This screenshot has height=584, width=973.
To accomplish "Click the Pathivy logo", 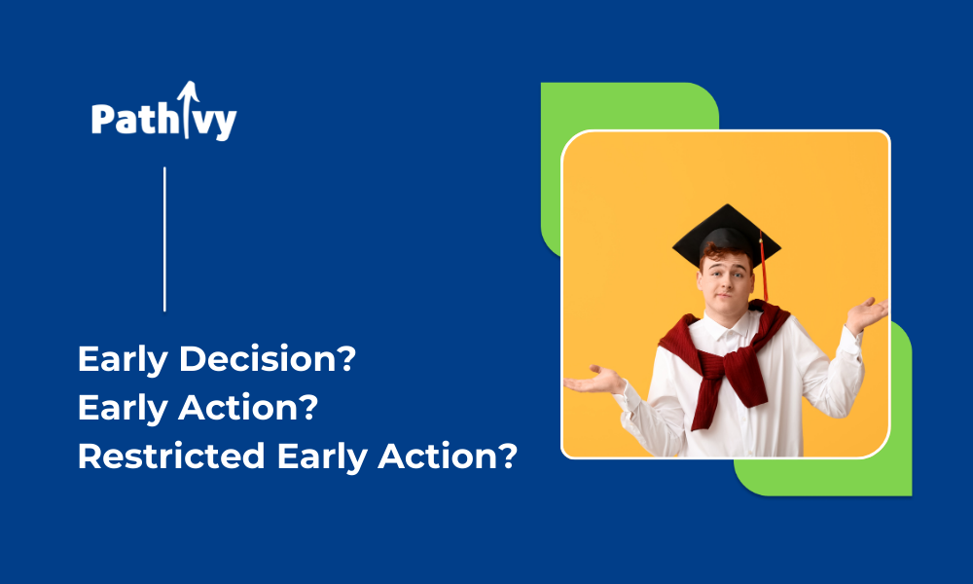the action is tap(163, 112).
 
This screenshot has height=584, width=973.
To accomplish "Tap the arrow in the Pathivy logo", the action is tap(188, 109).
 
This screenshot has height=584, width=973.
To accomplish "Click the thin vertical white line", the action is tap(164, 238).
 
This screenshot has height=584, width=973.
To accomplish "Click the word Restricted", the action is tap(171, 456).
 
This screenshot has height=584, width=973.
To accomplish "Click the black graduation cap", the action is tap(727, 235).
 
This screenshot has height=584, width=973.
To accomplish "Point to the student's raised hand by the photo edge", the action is tap(867, 313).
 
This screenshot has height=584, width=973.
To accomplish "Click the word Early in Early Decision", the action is tap(123, 360).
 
